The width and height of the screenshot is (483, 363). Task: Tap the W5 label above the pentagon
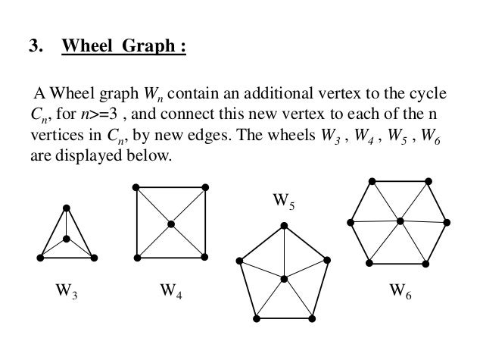(x=282, y=202)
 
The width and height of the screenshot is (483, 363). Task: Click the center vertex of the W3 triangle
(x=67, y=239)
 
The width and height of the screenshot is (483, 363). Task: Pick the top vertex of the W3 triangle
(x=67, y=207)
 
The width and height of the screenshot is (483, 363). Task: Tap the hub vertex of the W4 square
(x=171, y=224)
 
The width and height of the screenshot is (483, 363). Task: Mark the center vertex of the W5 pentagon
(x=283, y=279)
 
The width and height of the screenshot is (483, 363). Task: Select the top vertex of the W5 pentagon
(x=283, y=224)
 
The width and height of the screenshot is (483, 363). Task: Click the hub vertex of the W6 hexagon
(x=399, y=221)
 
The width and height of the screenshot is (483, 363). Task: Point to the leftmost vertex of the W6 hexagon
(x=350, y=221)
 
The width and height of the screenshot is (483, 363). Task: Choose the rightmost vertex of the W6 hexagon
(x=447, y=221)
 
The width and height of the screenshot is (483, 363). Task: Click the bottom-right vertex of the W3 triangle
(x=94, y=258)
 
